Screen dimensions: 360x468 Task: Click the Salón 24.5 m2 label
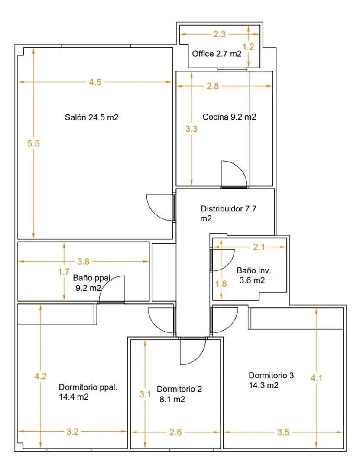tap(92, 117)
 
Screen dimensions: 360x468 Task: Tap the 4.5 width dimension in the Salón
tap(95, 82)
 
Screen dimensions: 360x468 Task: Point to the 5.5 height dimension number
tap(33, 143)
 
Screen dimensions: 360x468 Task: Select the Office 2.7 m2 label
tap(217, 54)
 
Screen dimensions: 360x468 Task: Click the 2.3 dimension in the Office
tap(219, 34)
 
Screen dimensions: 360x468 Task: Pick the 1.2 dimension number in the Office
tap(248, 47)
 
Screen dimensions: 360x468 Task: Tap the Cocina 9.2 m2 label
tap(229, 117)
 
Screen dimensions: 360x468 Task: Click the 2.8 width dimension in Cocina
tap(213, 86)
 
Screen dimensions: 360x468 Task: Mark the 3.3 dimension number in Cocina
tap(191, 129)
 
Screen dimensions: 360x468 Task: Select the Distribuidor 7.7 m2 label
tap(228, 213)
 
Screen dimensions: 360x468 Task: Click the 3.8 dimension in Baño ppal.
tap(84, 261)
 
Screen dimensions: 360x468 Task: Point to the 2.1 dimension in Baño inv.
tap(259, 247)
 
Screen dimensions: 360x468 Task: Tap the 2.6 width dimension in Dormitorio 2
tap(175, 432)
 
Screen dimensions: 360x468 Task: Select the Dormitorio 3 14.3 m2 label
tap(271, 380)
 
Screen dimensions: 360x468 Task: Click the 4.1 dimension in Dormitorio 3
tap(316, 378)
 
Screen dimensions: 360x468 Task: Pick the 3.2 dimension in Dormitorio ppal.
tap(72, 432)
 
